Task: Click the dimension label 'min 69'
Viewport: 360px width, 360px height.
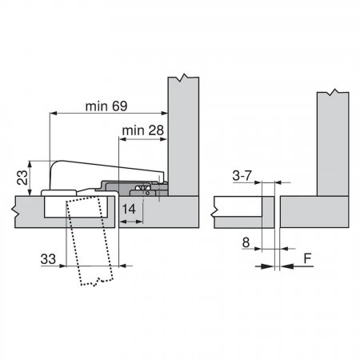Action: (106, 106)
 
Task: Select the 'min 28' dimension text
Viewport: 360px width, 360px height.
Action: (142, 130)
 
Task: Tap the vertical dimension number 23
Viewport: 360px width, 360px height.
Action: (22, 178)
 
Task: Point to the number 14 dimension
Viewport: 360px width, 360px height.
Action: (129, 210)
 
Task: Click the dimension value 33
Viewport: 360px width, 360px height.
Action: (48, 259)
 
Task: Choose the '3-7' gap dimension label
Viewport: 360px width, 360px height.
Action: (242, 175)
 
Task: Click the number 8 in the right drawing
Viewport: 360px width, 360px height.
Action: (246, 242)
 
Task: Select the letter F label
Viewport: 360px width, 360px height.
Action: (308, 258)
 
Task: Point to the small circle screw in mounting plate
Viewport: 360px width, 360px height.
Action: (147, 193)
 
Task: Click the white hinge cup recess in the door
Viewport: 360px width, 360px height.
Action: (76, 207)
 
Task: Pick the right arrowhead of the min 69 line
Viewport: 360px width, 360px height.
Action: (165, 114)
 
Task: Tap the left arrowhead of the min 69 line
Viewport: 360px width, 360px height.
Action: (54, 114)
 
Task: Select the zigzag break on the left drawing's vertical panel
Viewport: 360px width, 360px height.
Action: (183, 78)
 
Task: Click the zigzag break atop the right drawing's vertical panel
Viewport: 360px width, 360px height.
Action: (333, 92)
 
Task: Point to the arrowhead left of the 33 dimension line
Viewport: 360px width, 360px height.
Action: (62, 266)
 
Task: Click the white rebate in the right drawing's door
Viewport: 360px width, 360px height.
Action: (238, 206)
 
